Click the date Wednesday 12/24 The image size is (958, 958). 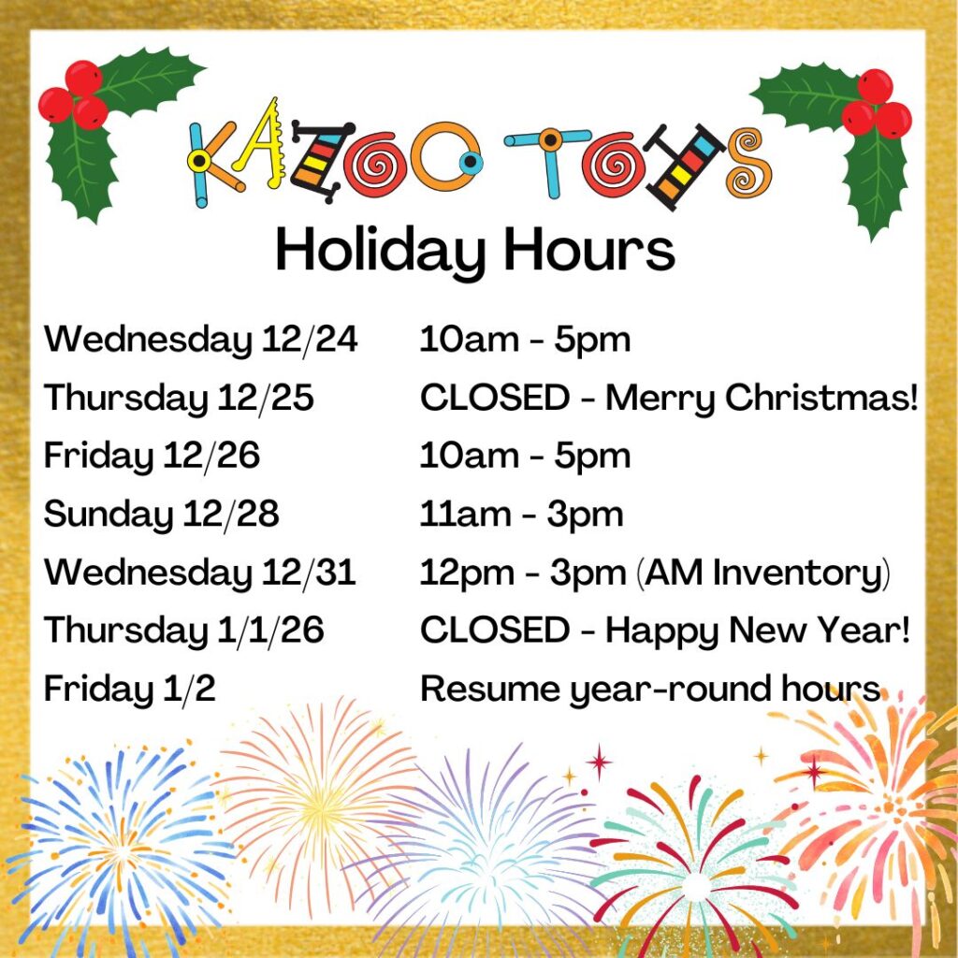coord(200,341)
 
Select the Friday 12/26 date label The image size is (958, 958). coord(152,457)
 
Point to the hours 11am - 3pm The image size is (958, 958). coord(521,515)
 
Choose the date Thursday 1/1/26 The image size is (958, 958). coord(183,631)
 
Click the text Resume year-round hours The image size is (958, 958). coord(650,689)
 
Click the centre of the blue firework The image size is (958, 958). coord(120,849)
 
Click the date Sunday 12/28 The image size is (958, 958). coord(161,515)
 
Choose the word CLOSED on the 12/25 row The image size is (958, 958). coord(494,399)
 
